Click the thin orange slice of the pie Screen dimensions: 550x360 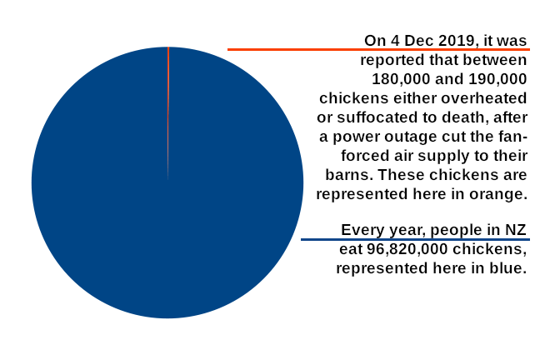(168, 87)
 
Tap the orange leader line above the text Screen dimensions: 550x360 (378, 50)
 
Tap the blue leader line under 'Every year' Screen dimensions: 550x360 (415, 240)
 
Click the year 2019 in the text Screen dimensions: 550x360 (457, 41)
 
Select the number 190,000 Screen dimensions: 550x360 (497, 79)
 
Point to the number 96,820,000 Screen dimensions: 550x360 (407, 249)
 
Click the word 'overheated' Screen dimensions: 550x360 (484, 98)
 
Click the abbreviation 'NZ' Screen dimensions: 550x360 (516, 230)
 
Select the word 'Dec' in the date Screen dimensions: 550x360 (419, 41)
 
